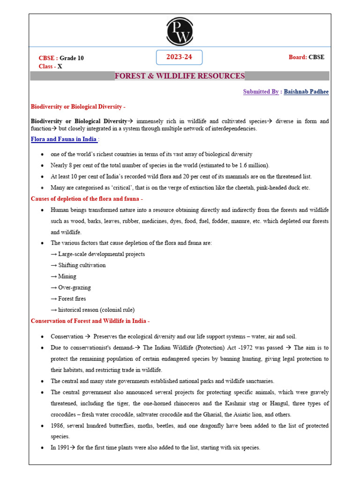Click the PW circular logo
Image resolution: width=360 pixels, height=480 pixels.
[180, 30]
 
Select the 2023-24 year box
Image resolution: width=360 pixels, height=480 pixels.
[180, 57]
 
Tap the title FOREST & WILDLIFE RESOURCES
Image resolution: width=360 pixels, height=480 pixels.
[180, 76]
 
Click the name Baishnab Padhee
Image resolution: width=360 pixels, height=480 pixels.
[306, 92]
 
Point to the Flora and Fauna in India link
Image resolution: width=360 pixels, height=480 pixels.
[64, 139]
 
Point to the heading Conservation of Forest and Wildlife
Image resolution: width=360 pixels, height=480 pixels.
[90, 321]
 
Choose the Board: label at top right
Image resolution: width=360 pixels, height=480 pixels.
[298, 57]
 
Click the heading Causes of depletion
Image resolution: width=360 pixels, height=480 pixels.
[87, 199]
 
